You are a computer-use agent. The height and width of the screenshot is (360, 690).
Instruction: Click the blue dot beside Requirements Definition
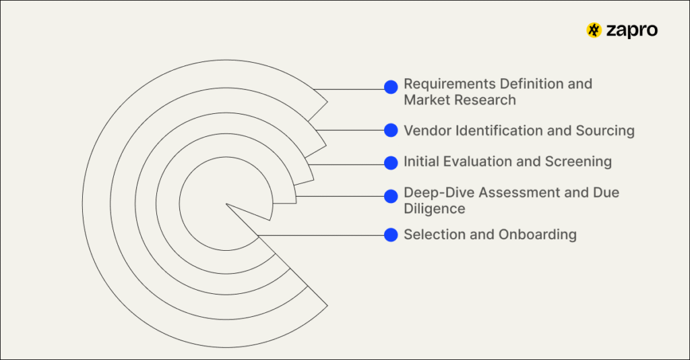pos(391,87)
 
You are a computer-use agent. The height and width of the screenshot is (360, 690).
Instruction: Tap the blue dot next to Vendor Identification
pos(391,130)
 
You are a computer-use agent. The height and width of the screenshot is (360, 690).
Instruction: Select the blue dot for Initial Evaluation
pos(391,162)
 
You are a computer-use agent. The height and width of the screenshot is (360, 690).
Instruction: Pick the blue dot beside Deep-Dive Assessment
pos(391,196)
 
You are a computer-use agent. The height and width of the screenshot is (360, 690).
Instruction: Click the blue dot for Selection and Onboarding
pos(391,235)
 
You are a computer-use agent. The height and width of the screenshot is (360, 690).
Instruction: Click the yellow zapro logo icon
pos(594,30)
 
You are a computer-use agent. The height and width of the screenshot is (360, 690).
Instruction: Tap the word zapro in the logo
pos(631,30)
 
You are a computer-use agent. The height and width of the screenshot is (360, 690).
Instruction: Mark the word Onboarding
pos(537,235)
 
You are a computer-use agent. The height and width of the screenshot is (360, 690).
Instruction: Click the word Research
pos(485,100)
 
